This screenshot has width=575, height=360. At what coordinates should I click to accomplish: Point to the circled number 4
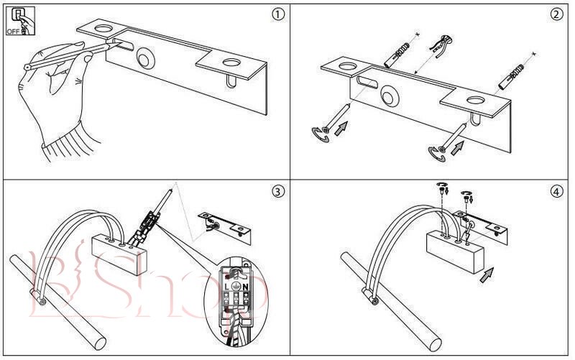pos(556,192)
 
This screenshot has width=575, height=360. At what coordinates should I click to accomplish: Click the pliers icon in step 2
pos(438,45)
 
